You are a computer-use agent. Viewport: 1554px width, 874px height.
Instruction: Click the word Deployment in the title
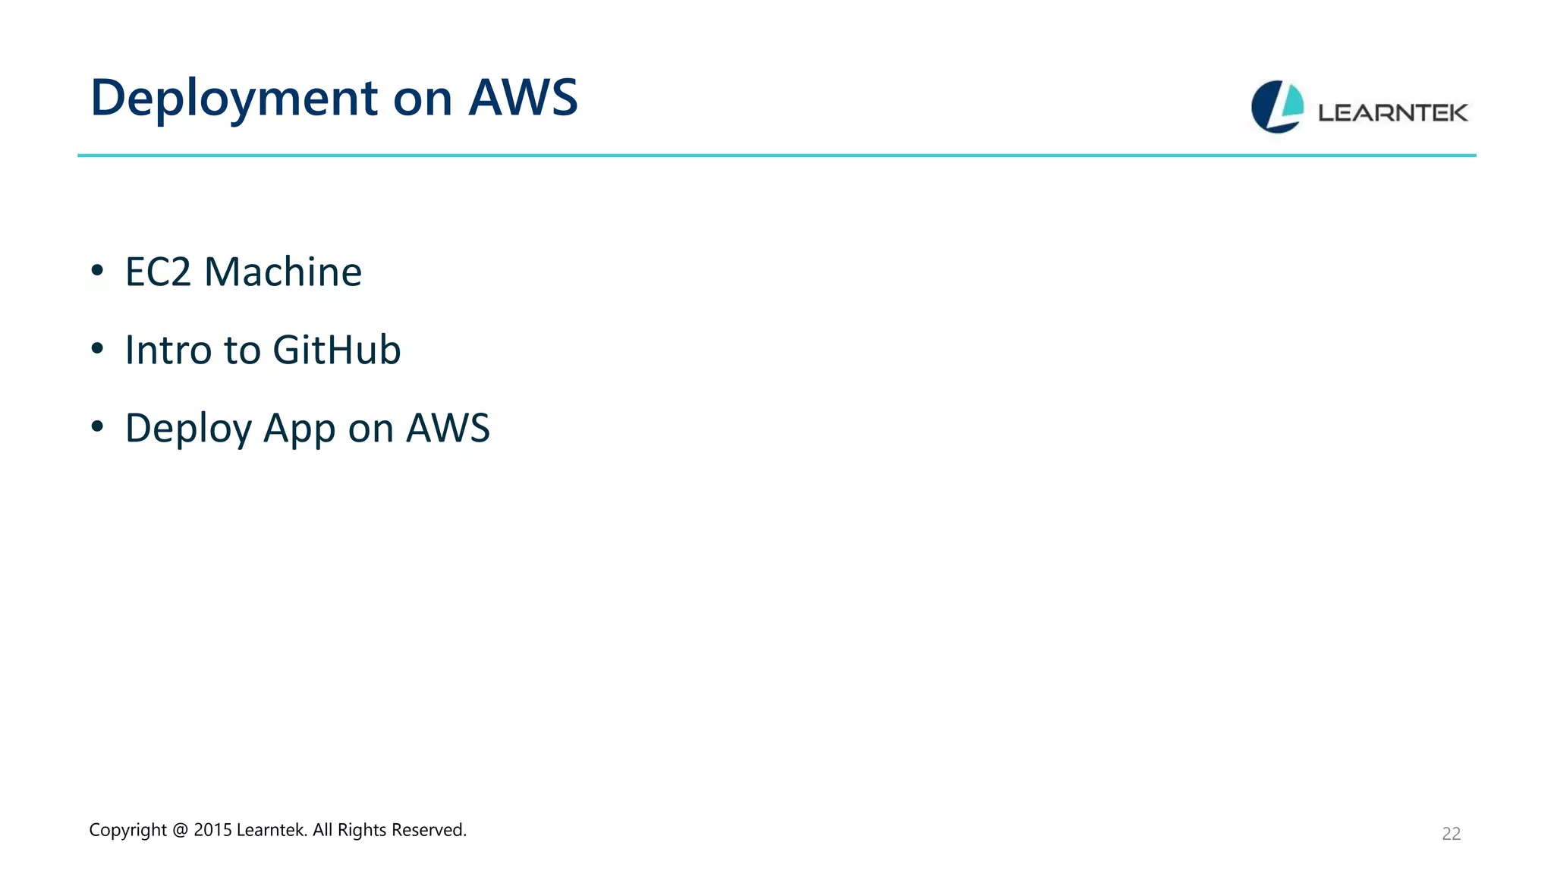coord(234,99)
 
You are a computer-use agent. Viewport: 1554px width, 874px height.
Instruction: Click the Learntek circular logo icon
coord(1277,107)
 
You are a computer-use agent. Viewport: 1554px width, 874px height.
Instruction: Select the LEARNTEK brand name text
coord(1392,113)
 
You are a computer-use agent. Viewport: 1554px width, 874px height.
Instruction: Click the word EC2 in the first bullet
coord(158,272)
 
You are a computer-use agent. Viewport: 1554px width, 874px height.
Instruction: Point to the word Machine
coord(283,272)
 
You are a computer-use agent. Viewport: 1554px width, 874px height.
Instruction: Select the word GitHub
coord(336,350)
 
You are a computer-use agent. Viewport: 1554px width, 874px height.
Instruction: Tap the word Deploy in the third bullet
coord(188,429)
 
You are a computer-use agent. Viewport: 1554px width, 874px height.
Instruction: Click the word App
coord(300,429)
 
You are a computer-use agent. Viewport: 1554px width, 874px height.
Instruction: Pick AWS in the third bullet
coord(448,428)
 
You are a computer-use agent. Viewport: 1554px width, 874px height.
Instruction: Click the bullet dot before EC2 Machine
coord(97,270)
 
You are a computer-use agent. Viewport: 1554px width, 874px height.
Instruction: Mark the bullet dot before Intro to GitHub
coord(97,348)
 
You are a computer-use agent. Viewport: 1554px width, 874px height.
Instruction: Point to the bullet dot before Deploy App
coord(97,426)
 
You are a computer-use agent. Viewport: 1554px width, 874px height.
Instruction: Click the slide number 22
coord(1451,834)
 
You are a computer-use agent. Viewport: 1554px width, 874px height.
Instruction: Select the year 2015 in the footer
coord(212,830)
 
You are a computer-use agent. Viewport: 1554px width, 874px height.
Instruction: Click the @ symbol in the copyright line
coord(180,830)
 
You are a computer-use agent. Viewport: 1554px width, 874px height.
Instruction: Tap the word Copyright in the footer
coord(127,830)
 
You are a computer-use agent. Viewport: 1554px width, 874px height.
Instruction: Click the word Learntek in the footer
coord(272,830)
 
